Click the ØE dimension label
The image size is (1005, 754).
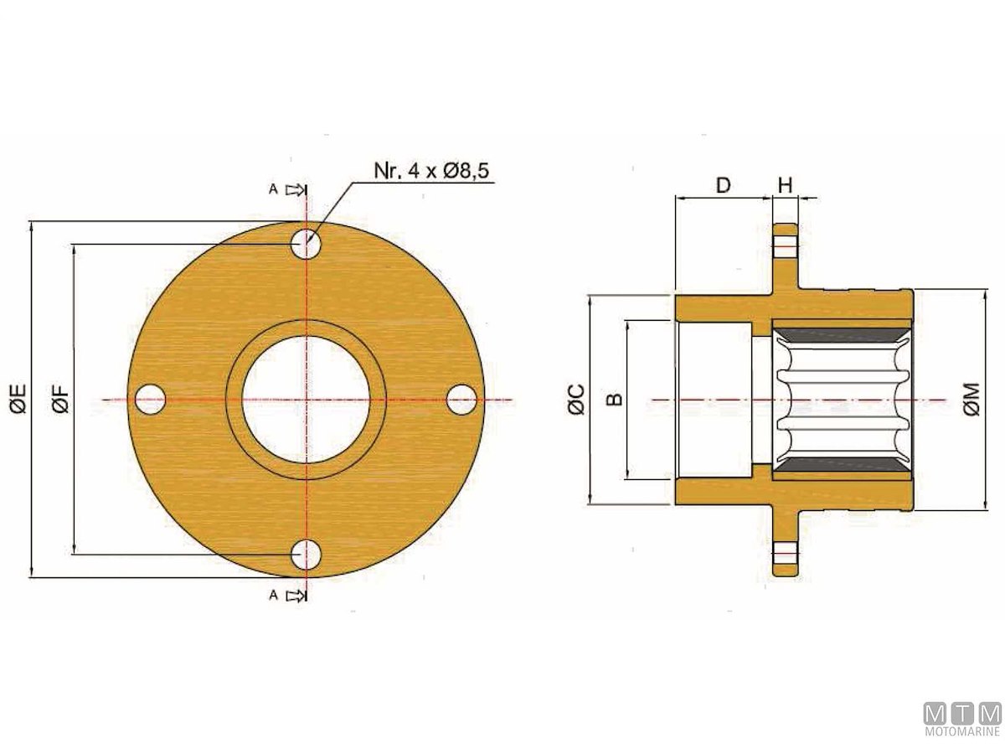tap(20, 400)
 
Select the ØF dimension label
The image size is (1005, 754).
tap(61, 400)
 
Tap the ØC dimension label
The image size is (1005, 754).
tap(577, 400)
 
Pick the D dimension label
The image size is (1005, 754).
tap(723, 185)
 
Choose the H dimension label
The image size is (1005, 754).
tap(786, 185)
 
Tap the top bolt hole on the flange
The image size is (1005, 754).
tap(307, 243)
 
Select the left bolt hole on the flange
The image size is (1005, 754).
tap(150, 400)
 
